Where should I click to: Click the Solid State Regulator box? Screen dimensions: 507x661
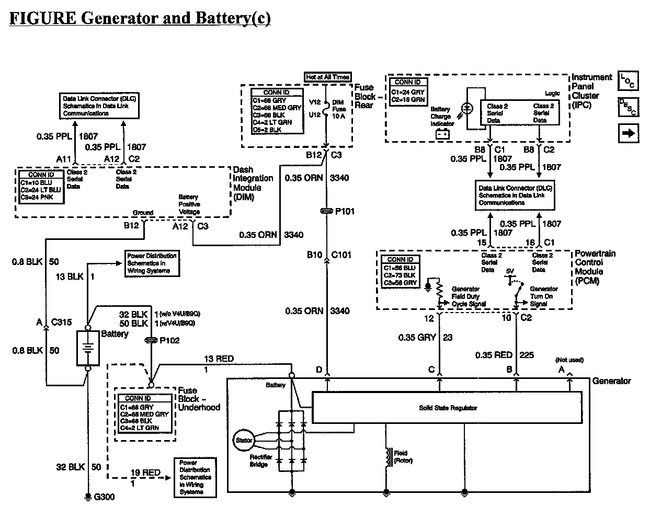coord(447,408)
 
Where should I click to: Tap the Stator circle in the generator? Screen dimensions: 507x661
coord(244,440)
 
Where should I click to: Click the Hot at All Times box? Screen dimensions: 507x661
coord(327,77)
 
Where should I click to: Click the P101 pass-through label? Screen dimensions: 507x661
coord(345,211)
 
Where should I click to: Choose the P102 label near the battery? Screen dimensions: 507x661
coord(169,340)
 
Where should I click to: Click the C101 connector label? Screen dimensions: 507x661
coord(341,255)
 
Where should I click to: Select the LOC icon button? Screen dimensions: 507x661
coord(628,81)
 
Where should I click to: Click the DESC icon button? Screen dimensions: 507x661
coord(628,107)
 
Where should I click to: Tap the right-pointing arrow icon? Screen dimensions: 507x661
coord(628,133)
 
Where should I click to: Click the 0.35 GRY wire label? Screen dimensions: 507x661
coord(417,338)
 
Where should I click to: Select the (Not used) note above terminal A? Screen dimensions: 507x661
coord(569,360)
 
